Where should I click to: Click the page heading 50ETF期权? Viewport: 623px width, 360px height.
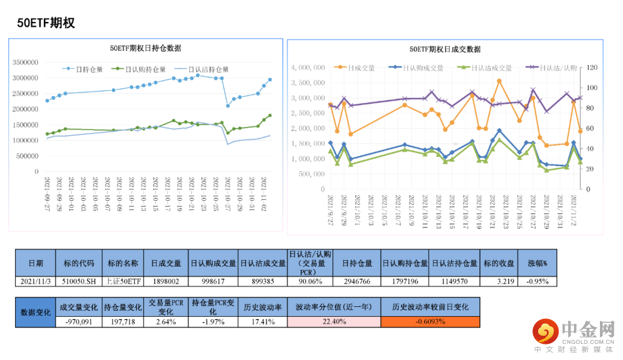[x=46, y=23]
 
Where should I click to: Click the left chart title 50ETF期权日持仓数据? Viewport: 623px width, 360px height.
[x=146, y=48]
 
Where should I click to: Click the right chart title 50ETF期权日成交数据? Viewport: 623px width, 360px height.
[x=445, y=50]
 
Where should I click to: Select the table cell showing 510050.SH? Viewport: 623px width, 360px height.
[x=78, y=282]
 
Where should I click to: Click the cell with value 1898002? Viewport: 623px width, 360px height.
[x=166, y=282]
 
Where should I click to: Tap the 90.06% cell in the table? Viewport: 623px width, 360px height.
[x=309, y=282]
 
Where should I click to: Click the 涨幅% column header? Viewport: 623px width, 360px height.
[x=537, y=263]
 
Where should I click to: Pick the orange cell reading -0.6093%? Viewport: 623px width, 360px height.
[x=430, y=322]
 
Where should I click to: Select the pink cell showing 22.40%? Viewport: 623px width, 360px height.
[x=334, y=322]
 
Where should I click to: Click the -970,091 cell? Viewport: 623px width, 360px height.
[x=78, y=322]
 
